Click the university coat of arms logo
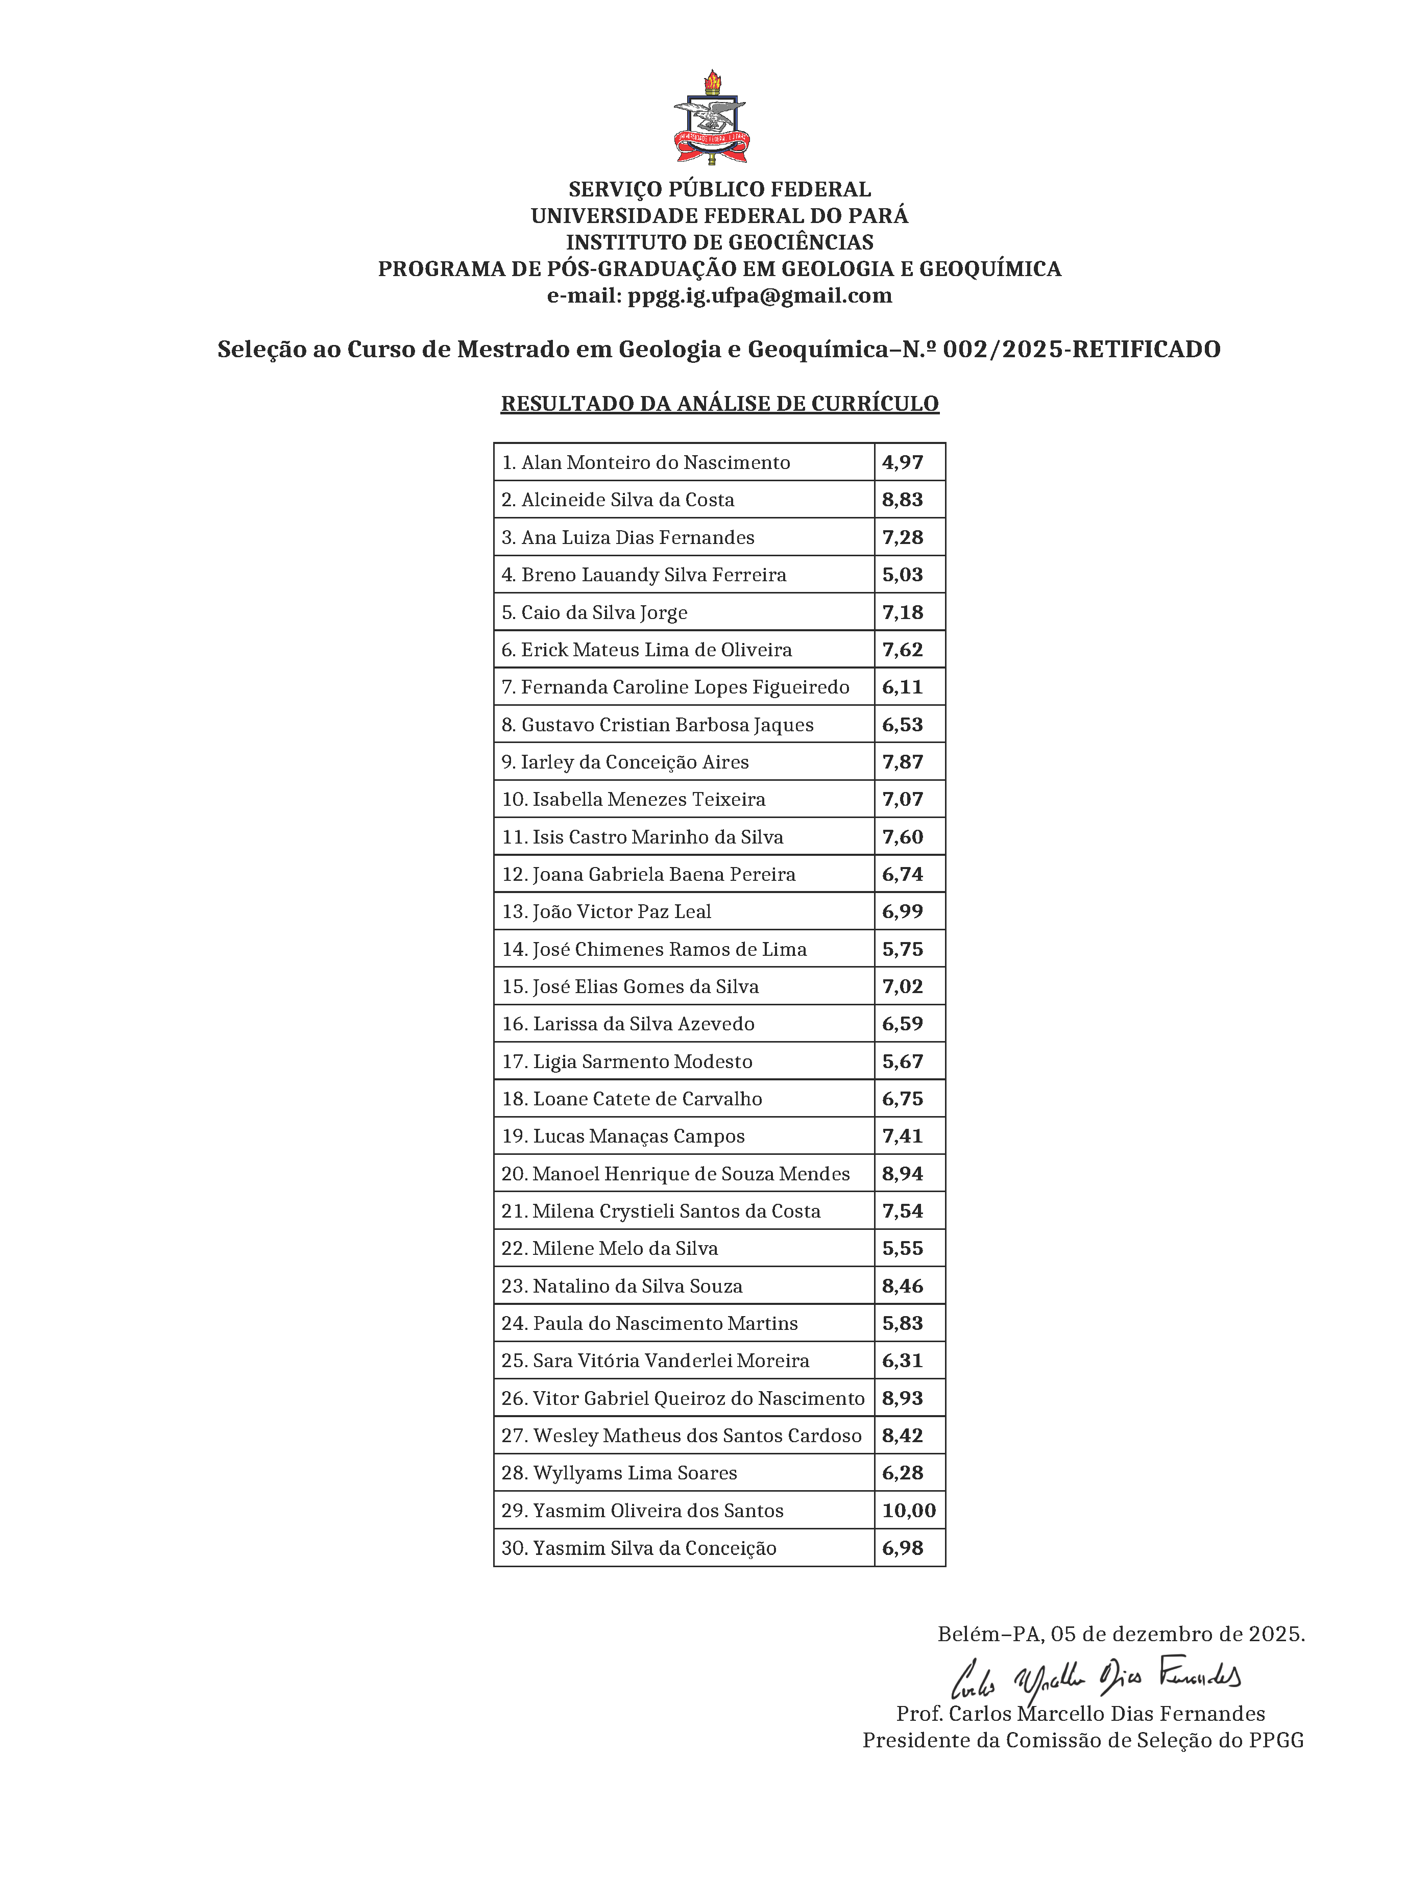pos(711,119)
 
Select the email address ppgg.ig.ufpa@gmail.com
pos(759,296)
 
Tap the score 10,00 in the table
pos(908,1510)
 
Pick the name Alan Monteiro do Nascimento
pos(656,463)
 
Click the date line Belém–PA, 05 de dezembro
pos(1121,1634)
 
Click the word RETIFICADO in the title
pos(1147,349)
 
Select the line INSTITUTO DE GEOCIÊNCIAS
pos(719,242)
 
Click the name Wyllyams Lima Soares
pos(634,1473)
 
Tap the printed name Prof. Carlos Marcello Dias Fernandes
pos(1080,1714)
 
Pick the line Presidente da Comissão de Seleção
pos(1083,1740)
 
